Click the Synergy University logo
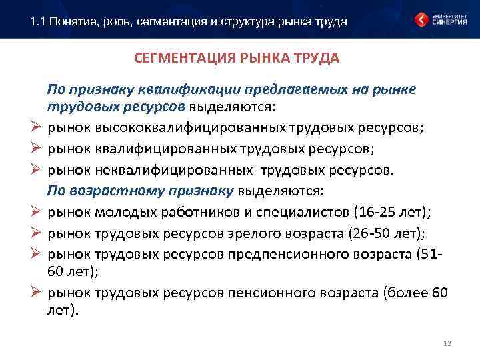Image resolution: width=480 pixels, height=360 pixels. point(437,19)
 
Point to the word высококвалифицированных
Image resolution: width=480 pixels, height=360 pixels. point(167,127)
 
